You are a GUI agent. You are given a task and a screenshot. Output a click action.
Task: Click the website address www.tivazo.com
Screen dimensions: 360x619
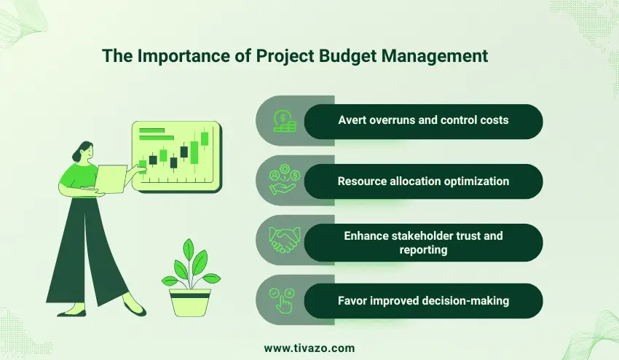pyautogui.click(x=309, y=348)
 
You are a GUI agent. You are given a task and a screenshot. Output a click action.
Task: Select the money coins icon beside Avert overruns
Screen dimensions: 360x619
pyautogui.click(x=283, y=122)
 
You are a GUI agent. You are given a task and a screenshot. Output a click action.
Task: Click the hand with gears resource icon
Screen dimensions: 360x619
pyautogui.click(x=283, y=181)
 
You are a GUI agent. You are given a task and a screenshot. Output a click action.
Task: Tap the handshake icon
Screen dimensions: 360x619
pyautogui.click(x=283, y=241)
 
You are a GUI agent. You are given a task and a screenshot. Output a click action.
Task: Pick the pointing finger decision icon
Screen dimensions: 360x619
pyautogui.click(x=283, y=301)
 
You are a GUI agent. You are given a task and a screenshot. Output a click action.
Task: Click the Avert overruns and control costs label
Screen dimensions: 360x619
pyautogui.click(x=423, y=122)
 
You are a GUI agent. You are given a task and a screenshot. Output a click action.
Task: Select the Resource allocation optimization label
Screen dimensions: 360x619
pyautogui.click(x=423, y=181)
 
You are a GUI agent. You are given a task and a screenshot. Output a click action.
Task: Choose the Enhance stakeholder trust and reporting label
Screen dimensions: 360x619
pyautogui.click(x=423, y=242)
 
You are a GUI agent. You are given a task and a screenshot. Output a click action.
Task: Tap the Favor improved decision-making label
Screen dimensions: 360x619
pyautogui.click(x=423, y=301)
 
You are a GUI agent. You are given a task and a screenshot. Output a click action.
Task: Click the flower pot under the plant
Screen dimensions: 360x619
pyautogui.click(x=190, y=301)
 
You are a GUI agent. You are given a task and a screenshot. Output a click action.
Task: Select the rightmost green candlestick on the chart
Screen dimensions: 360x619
pyautogui.click(x=205, y=138)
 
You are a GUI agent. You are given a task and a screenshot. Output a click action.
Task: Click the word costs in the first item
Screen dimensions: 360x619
pyautogui.click(x=492, y=122)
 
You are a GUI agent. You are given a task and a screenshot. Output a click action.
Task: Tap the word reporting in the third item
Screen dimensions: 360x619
pyautogui.click(x=423, y=249)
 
